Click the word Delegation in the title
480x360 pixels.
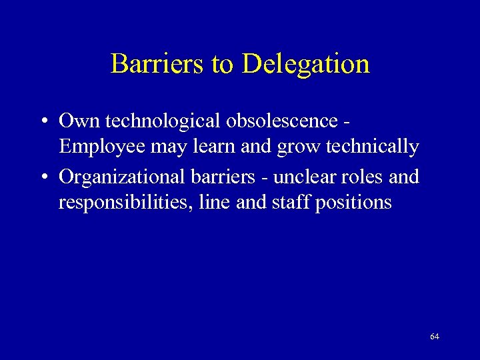tap(306, 64)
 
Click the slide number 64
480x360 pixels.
tap(435, 337)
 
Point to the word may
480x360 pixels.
tap(167, 147)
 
